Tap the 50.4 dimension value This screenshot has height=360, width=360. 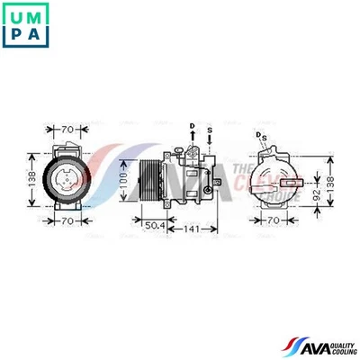(155, 224)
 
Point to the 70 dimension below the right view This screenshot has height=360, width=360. (270, 219)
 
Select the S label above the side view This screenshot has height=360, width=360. (210, 129)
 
